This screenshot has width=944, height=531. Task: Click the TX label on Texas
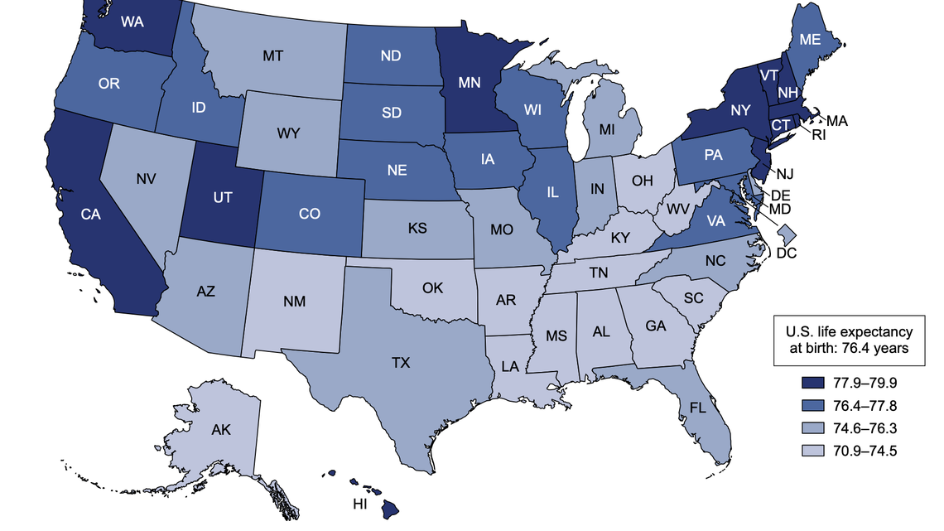(x=401, y=363)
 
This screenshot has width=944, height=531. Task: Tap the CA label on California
(x=92, y=215)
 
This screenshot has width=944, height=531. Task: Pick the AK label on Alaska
(x=220, y=430)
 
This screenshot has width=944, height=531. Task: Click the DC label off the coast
(x=787, y=252)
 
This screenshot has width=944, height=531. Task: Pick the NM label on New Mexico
(x=296, y=301)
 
